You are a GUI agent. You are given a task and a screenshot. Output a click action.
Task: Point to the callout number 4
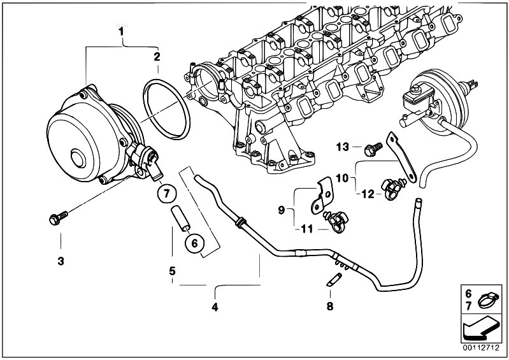pyautogui.click(x=215, y=308)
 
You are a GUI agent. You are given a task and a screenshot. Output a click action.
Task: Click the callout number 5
pyautogui.click(x=172, y=271)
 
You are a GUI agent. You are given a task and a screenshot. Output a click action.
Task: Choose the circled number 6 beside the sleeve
pyautogui.click(x=194, y=242)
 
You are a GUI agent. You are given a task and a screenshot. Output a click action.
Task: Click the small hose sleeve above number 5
pyautogui.click(x=178, y=217)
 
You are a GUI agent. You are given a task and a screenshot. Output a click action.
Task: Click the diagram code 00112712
pyautogui.click(x=482, y=348)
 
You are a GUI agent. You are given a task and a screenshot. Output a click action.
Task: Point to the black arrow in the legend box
pyautogui.click(x=482, y=328)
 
